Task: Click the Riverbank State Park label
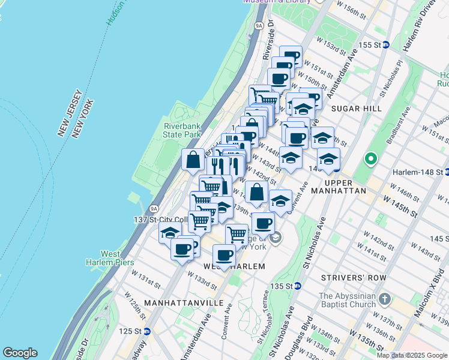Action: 184,131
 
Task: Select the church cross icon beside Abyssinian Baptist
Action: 385,298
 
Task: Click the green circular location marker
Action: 370,160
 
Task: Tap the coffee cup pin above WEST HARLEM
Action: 224,255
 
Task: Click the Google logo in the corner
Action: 20,353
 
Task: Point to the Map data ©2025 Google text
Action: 412,355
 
